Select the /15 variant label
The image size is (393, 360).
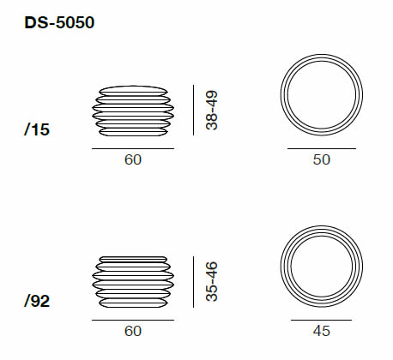pos(39,130)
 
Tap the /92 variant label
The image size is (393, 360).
pos(39,301)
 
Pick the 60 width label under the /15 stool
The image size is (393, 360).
pos(132,160)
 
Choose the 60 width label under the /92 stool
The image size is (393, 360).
pos(132,331)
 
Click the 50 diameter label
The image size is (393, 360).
pos(320,160)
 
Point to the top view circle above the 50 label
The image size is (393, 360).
pos(320,96)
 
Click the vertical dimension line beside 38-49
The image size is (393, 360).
pos(195,110)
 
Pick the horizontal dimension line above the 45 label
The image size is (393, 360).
pos(319,319)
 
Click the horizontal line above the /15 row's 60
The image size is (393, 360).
pos(132,148)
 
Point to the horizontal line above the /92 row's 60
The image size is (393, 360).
pos(132,319)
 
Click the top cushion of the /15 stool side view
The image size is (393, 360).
pos(132,88)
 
